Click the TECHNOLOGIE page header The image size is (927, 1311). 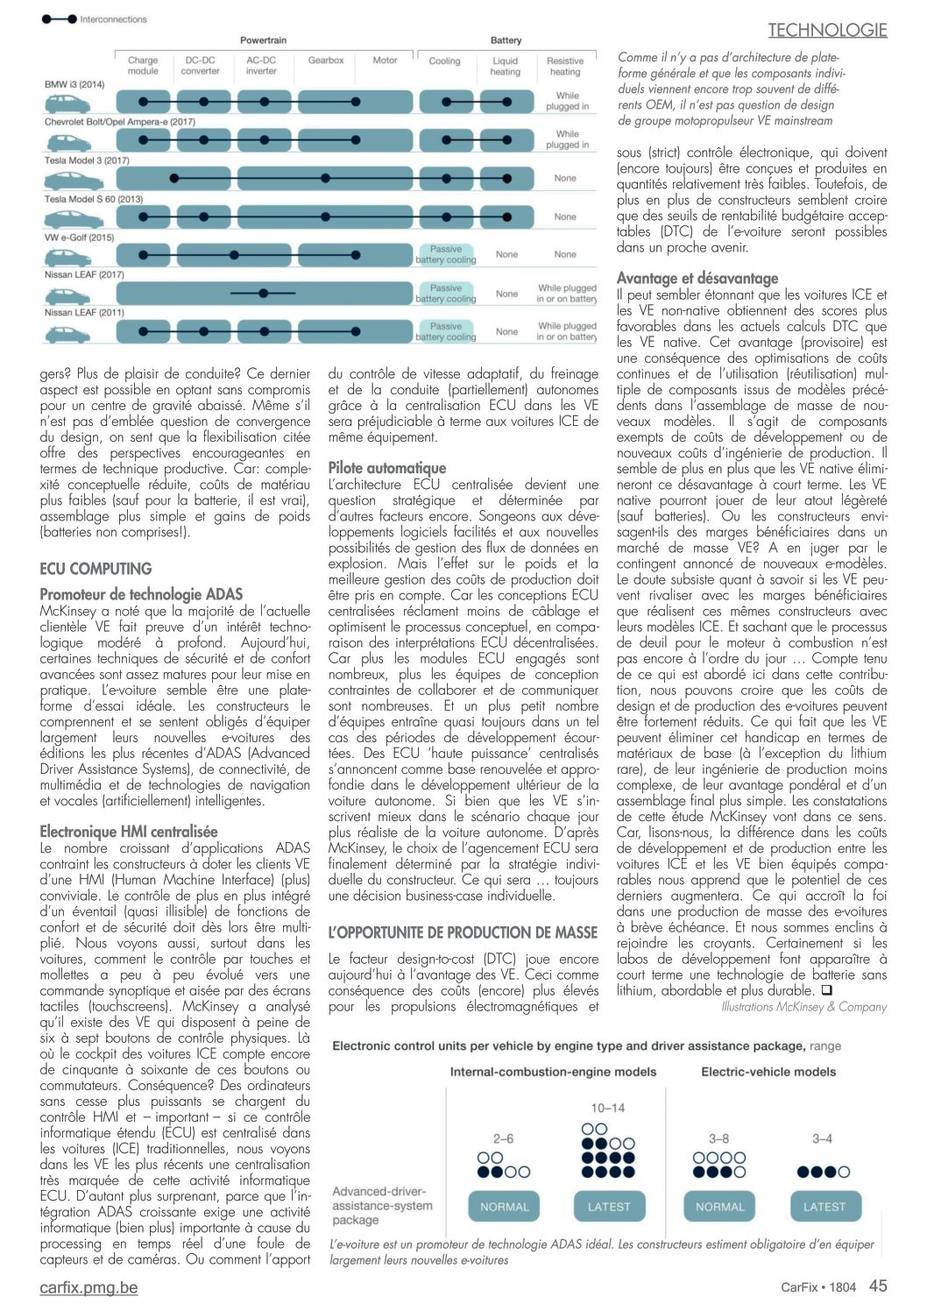click(x=827, y=31)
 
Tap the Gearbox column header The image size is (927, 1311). click(x=325, y=60)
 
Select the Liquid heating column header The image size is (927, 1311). click(x=505, y=67)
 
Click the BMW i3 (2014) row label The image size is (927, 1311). click(x=74, y=84)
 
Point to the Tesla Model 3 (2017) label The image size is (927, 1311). click(x=87, y=160)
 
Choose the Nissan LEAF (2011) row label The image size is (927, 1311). click(x=84, y=312)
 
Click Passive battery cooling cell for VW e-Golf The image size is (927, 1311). click(x=446, y=254)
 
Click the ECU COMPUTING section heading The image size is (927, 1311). click(x=96, y=569)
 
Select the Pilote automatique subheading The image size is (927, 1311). click(x=386, y=468)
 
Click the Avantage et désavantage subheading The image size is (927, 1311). click(x=697, y=279)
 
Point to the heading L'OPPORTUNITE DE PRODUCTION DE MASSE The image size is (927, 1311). click(x=463, y=932)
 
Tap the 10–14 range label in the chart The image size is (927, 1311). click(x=608, y=1108)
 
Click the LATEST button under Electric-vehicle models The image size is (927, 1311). click(x=824, y=1207)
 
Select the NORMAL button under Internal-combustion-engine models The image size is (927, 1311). click(x=505, y=1207)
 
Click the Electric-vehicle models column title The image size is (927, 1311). click(x=768, y=1072)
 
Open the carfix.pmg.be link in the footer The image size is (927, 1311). click(x=88, y=1287)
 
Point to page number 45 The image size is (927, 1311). click(x=878, y=1286)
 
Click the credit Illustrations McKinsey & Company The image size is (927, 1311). click(x=803, y=1007)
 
